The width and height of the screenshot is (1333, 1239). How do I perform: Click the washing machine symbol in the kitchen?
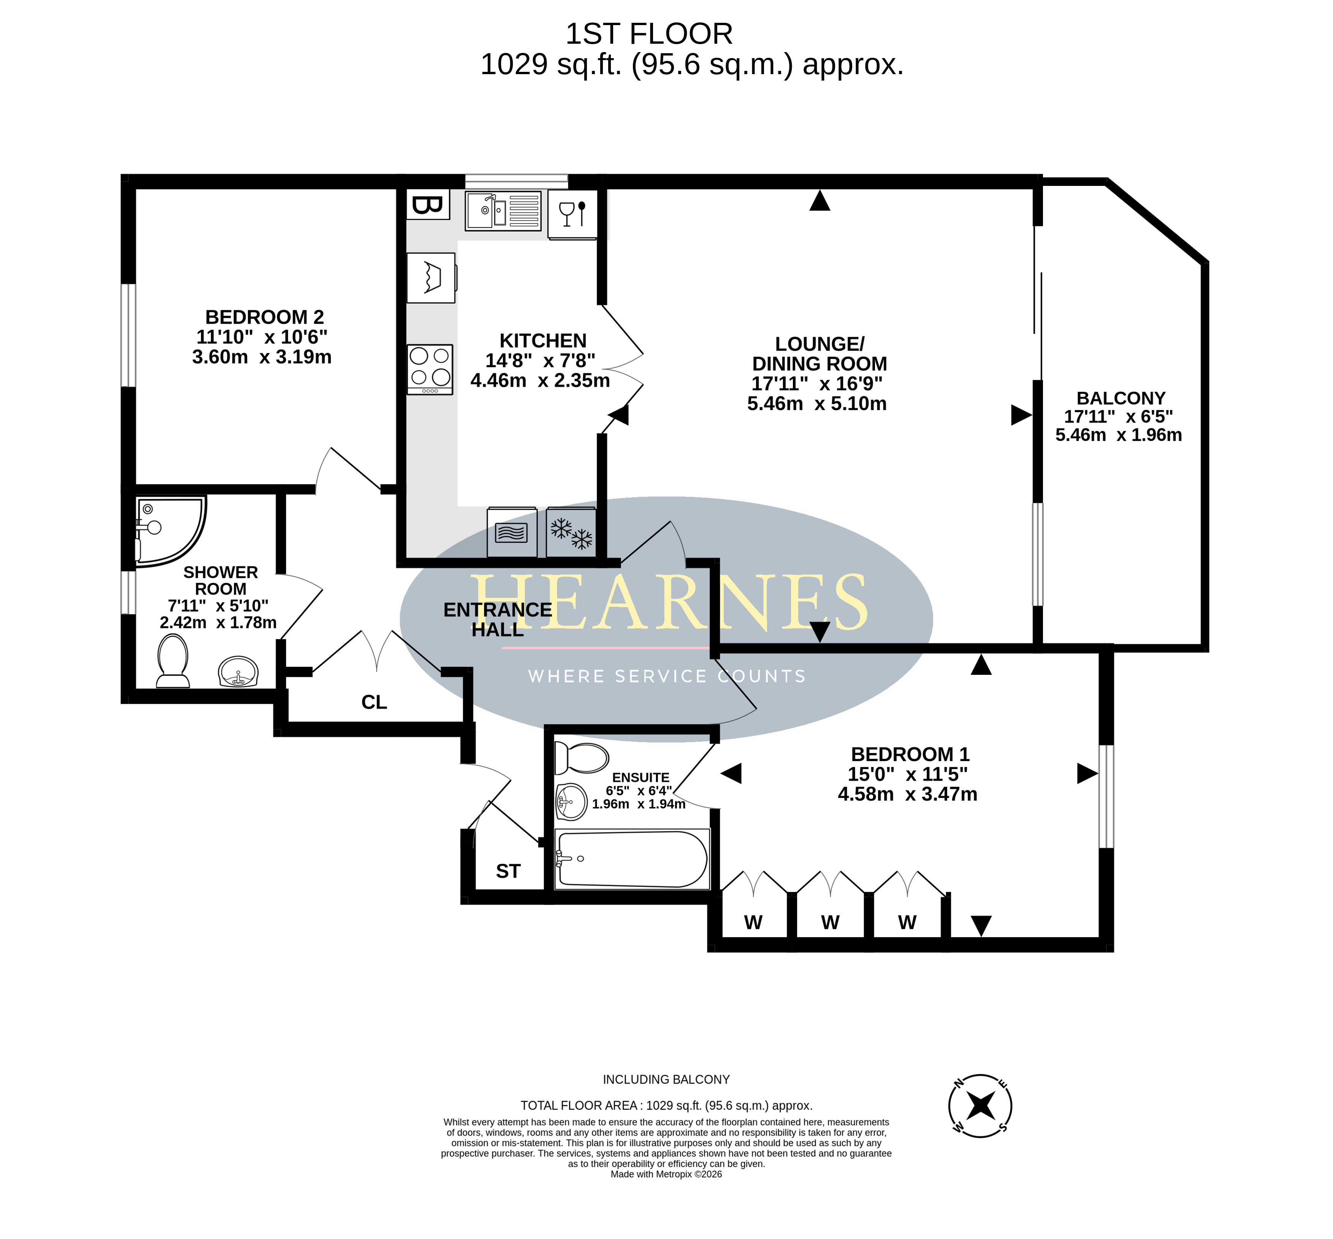tap(431, 278)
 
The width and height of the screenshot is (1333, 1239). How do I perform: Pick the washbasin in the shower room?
tap(238, 671)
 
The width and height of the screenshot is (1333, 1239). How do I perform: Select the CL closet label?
tap(374, 702)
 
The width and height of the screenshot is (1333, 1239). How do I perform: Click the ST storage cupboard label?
tap(508, 871)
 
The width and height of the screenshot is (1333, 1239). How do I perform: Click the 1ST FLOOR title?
tap(649, 33)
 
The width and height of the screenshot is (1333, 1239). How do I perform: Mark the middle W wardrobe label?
tap(830, 923)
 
